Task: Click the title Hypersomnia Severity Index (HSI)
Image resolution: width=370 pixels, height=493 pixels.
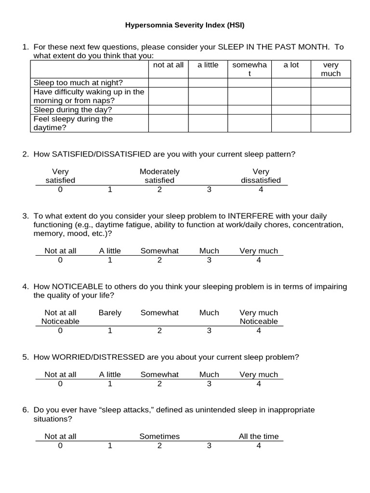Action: pyautogui.click(x=185, y=25)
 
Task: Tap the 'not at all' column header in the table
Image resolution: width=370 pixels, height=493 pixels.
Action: pyautogui.click(x=168, y=65)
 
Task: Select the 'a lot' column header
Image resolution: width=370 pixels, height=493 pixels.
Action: pyautogui.click(x=291, y=65)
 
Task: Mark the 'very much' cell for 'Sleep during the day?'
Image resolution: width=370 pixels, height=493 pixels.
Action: pyautogui.click(x=330, y=110)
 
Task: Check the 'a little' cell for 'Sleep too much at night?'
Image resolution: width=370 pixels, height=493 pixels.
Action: pyautogui.click(x=208, y=82)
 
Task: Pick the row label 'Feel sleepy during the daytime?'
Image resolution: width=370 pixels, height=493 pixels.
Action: pyautogui.click(x=73, y=123)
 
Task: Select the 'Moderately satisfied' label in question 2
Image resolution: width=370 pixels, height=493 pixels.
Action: pyautogui.click(x=159, y=176)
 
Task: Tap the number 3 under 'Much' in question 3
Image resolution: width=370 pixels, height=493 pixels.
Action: pyautogui.click(x=209, y=260)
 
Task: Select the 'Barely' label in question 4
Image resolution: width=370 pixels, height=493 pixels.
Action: pyautogui.click(x=110, y=313)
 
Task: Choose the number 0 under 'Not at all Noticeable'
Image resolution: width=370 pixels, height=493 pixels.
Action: pyautogui.click(x=60, y=331)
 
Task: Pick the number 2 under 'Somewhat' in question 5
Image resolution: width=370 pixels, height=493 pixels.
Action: pyautogui.click(x=159, y=384)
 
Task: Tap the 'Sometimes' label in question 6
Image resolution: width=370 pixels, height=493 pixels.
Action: pyautogui.click(x=159, y=437)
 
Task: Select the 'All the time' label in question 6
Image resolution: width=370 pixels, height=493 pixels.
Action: pyautogui.click(x=259, y=437)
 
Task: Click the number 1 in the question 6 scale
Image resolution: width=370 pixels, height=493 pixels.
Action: pyautogui.click(x=110, y=446)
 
